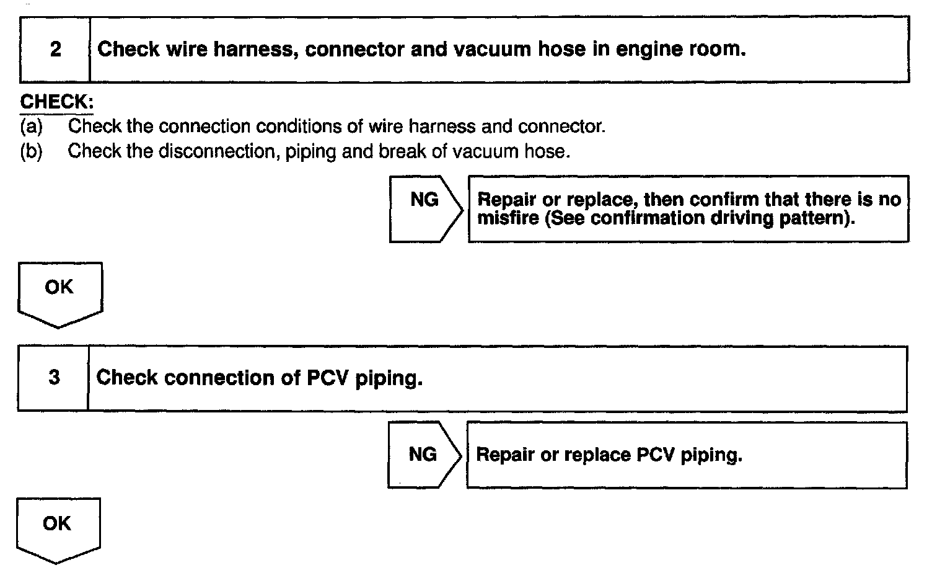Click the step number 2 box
coord(55,50)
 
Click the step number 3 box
coord(54,378)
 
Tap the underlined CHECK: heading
coord(56,102)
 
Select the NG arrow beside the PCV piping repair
coord(423,455)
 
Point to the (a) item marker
coord(31,127)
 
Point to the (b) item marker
coord(31,151)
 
